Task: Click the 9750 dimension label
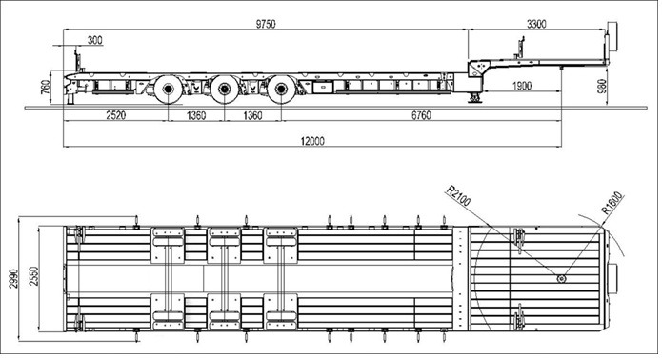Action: pos(266,24)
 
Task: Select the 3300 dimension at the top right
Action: pos(536,24)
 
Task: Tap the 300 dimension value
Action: pos(95,40)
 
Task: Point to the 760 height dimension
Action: pos(45,87)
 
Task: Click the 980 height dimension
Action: pos(603,87)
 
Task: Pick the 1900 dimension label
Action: pos(522,86)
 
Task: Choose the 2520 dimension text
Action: pos(115,115)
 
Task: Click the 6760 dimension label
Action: pos(421,115)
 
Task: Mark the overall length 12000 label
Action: pos(312,141)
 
